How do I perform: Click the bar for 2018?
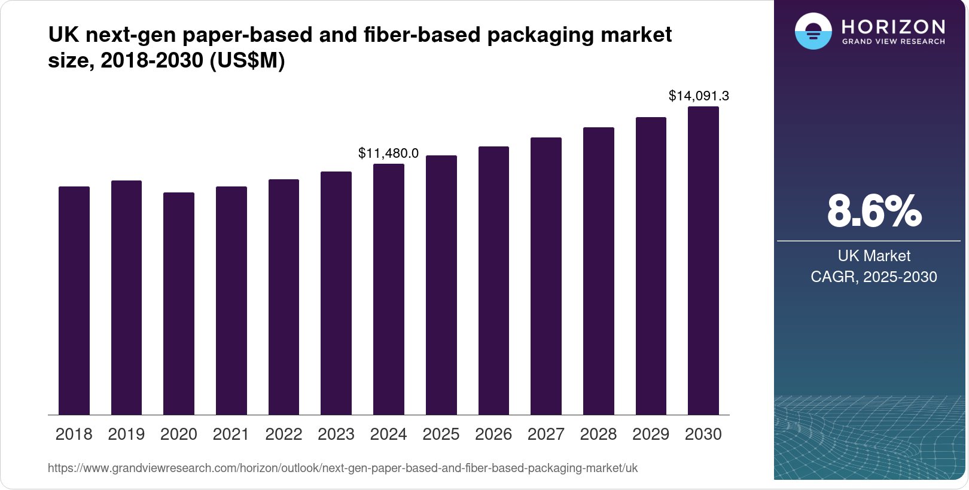click(74, 301)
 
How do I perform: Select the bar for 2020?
click(179, 304)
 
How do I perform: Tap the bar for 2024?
click(389, 289)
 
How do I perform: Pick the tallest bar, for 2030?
click(703, 261)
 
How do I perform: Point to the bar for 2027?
click(546, 276)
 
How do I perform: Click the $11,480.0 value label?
click(388, 153)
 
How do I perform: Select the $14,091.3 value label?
click(699, 96)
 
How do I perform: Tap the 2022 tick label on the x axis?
click(284, 434)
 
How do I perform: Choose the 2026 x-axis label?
click(493, 434)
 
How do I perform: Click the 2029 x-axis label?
click(651, 434)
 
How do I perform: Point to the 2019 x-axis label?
click(126, 434)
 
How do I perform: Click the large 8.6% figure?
click(874, 211)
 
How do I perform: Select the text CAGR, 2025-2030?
click(874, 277)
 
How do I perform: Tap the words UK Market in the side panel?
click(874, 256)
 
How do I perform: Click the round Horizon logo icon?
click(813, 31)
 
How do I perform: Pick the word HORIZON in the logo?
click(893, 27)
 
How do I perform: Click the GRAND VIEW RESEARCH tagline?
click(893, 42)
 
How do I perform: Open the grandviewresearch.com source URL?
click(343, 468)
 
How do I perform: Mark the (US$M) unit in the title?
click(247, 60)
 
